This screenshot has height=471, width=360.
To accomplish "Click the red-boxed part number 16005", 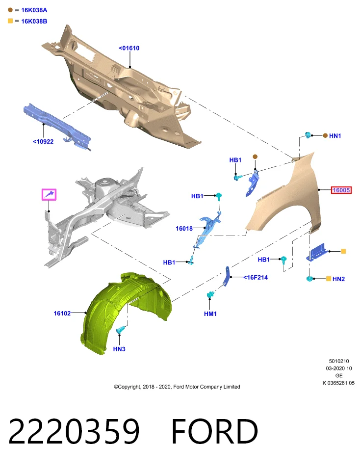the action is (341, 190).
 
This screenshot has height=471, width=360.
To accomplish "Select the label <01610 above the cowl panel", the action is (129, 48).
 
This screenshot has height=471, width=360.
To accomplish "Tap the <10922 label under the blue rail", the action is (43, 141).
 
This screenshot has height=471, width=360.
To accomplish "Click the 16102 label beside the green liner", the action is (62, 314).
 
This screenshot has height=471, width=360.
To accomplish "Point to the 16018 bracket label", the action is (184, 229).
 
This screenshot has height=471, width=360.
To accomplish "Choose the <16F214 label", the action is (256, 278).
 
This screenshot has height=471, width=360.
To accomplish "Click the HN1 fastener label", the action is (335, 136).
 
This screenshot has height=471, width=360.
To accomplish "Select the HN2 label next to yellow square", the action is (339, 279).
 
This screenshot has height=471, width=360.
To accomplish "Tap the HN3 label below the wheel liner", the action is (119, 349).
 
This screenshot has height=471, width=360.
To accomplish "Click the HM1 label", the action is (210, 314).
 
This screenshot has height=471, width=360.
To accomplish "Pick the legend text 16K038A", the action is (34, 10).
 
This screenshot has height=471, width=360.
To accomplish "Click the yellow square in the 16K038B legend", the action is (10, 21).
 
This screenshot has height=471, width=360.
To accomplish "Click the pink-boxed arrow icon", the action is (49, 195).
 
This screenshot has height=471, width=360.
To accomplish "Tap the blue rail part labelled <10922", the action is (57, 126).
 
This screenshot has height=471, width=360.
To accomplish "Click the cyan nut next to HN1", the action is (308, 135).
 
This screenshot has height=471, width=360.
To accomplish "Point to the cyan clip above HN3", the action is (120, 330).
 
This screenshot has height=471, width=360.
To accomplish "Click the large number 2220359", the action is (74, 431).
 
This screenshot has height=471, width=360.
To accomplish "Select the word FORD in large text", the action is (214, 431).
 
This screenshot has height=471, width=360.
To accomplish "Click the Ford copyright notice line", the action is (177, 387).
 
